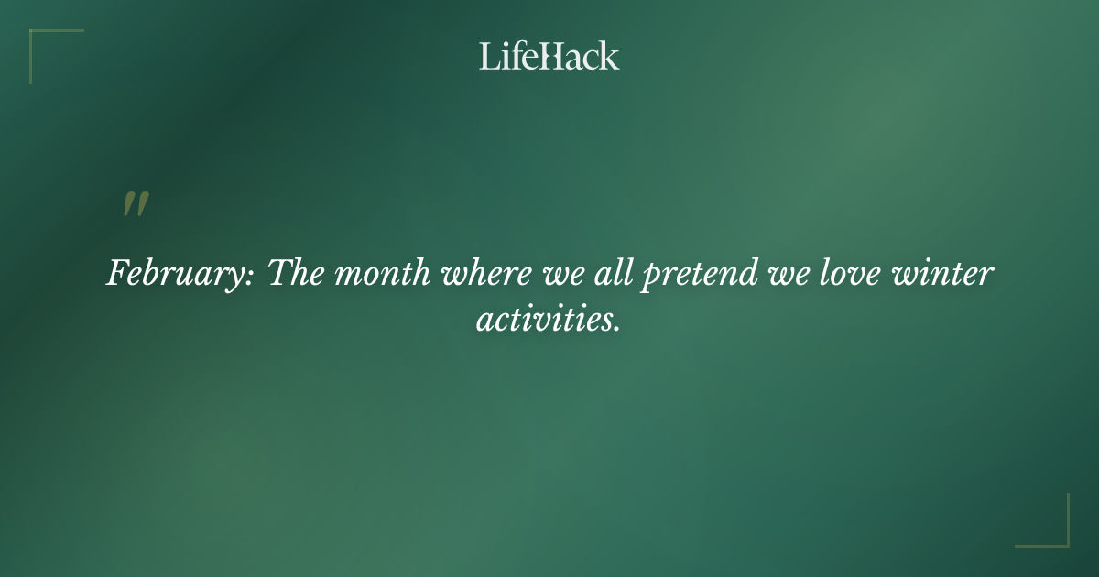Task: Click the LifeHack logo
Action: point(549,56)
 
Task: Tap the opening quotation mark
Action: point(135,205)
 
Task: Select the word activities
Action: point(544,319)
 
